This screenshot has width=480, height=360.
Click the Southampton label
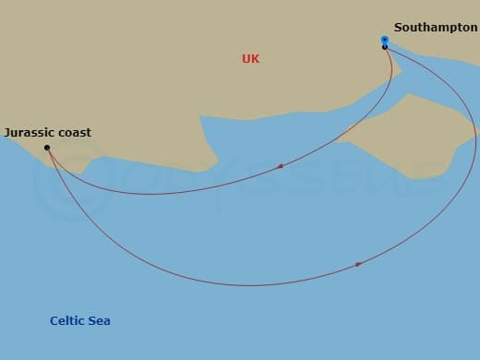click(435, 28)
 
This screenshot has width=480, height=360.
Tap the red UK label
click(250, 59)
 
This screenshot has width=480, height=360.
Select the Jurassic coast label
click(47, 133)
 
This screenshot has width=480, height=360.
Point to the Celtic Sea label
click(80, 321)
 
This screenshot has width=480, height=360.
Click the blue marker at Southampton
click(384, 40)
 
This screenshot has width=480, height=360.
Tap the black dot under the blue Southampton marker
click(385, 47)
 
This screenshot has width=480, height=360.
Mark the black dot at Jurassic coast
click(47, 148)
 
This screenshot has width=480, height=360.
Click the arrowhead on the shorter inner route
click(280, 166)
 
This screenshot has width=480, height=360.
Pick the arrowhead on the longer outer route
click(358, 265)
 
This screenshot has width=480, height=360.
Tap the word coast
click(75, 133)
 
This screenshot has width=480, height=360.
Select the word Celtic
click(67, 321)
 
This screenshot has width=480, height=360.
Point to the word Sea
click(100, 321)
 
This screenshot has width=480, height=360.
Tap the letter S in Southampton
click(398, 28)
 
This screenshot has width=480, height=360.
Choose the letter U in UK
click(246, 59)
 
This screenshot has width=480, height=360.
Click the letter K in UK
click(256, 59)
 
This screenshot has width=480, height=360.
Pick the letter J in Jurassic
click(6, 133)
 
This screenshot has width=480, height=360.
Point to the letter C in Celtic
click(54, 321)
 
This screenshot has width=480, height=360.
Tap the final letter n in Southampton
click(474, 28)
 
